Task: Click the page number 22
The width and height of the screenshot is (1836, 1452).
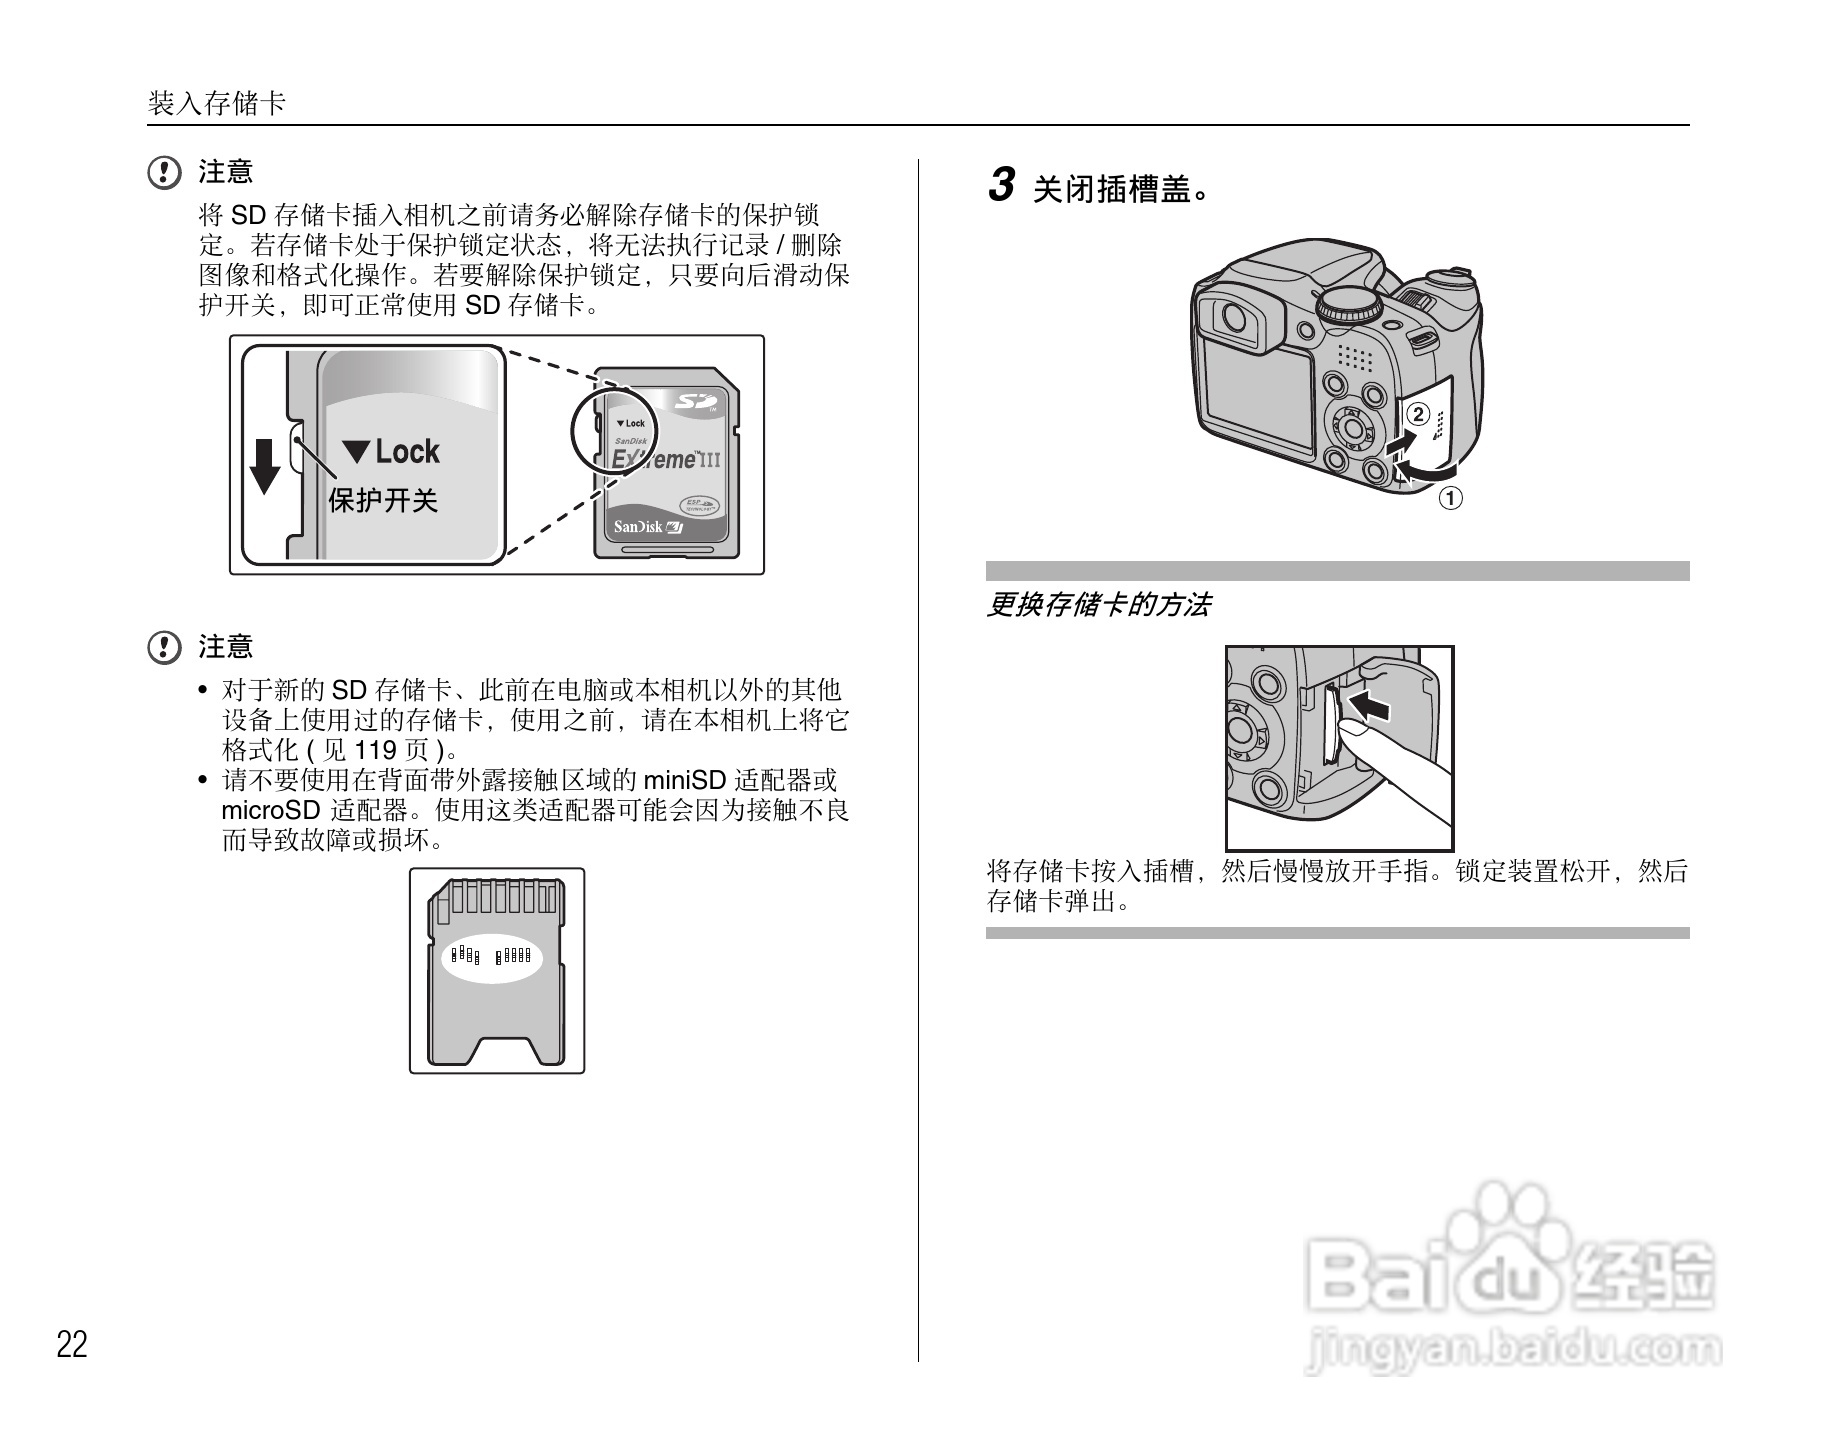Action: [72, 1345]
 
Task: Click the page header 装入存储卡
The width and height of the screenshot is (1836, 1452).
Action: [216, 104]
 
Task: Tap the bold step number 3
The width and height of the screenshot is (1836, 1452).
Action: [1001, 186]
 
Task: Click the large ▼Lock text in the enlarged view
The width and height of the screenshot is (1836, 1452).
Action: [392, 452]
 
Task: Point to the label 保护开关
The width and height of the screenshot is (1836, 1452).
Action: [383, 500]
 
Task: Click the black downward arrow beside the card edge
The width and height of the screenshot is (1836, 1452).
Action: [265, 466]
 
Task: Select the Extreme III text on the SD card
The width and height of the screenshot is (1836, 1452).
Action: [664, 460]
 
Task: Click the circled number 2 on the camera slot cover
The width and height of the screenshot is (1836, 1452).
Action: [1417, 415]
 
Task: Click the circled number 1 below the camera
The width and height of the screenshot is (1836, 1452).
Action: [1450, 497]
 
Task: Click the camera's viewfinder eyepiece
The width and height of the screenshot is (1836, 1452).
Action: [1232, 318]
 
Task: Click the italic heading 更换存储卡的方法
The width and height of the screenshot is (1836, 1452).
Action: [1098, 605]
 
